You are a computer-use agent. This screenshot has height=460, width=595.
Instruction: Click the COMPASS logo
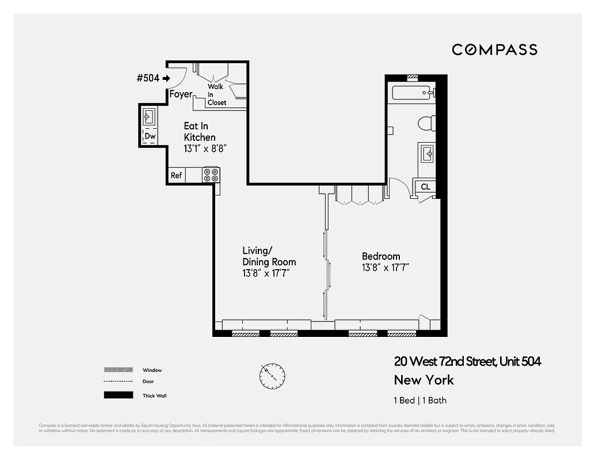[x=494, y=49]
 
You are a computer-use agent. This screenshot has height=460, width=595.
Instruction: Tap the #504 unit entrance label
[x=148, y=78]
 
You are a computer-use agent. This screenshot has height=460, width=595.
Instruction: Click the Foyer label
[x=181, y=94]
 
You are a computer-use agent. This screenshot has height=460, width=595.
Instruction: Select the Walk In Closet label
[x=217, y=94]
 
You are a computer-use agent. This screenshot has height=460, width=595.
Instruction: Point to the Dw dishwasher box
[x=150, y=136]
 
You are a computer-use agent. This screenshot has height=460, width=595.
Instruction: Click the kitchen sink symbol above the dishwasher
[x=148, y=117]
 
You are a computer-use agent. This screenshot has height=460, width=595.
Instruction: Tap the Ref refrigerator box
[x=176, y=175]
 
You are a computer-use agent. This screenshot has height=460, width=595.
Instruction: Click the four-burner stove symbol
[x=211, y=175]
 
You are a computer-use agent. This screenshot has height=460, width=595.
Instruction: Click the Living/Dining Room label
[x=269, y=256]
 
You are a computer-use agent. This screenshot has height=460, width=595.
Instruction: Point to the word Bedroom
[x=380, y=256]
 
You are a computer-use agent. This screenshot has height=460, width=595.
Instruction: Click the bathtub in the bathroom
[x=411, y=93]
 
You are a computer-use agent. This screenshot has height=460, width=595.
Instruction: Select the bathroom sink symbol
[x=427, y=154]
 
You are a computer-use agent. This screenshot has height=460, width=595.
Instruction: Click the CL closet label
[x=425, y=187]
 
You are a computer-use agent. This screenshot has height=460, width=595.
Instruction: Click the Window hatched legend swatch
[x=117, y=370]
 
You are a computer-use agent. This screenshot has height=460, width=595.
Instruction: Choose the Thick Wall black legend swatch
[x=117, y=396]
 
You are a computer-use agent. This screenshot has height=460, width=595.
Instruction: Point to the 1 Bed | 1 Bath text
[x=420, y=401]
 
